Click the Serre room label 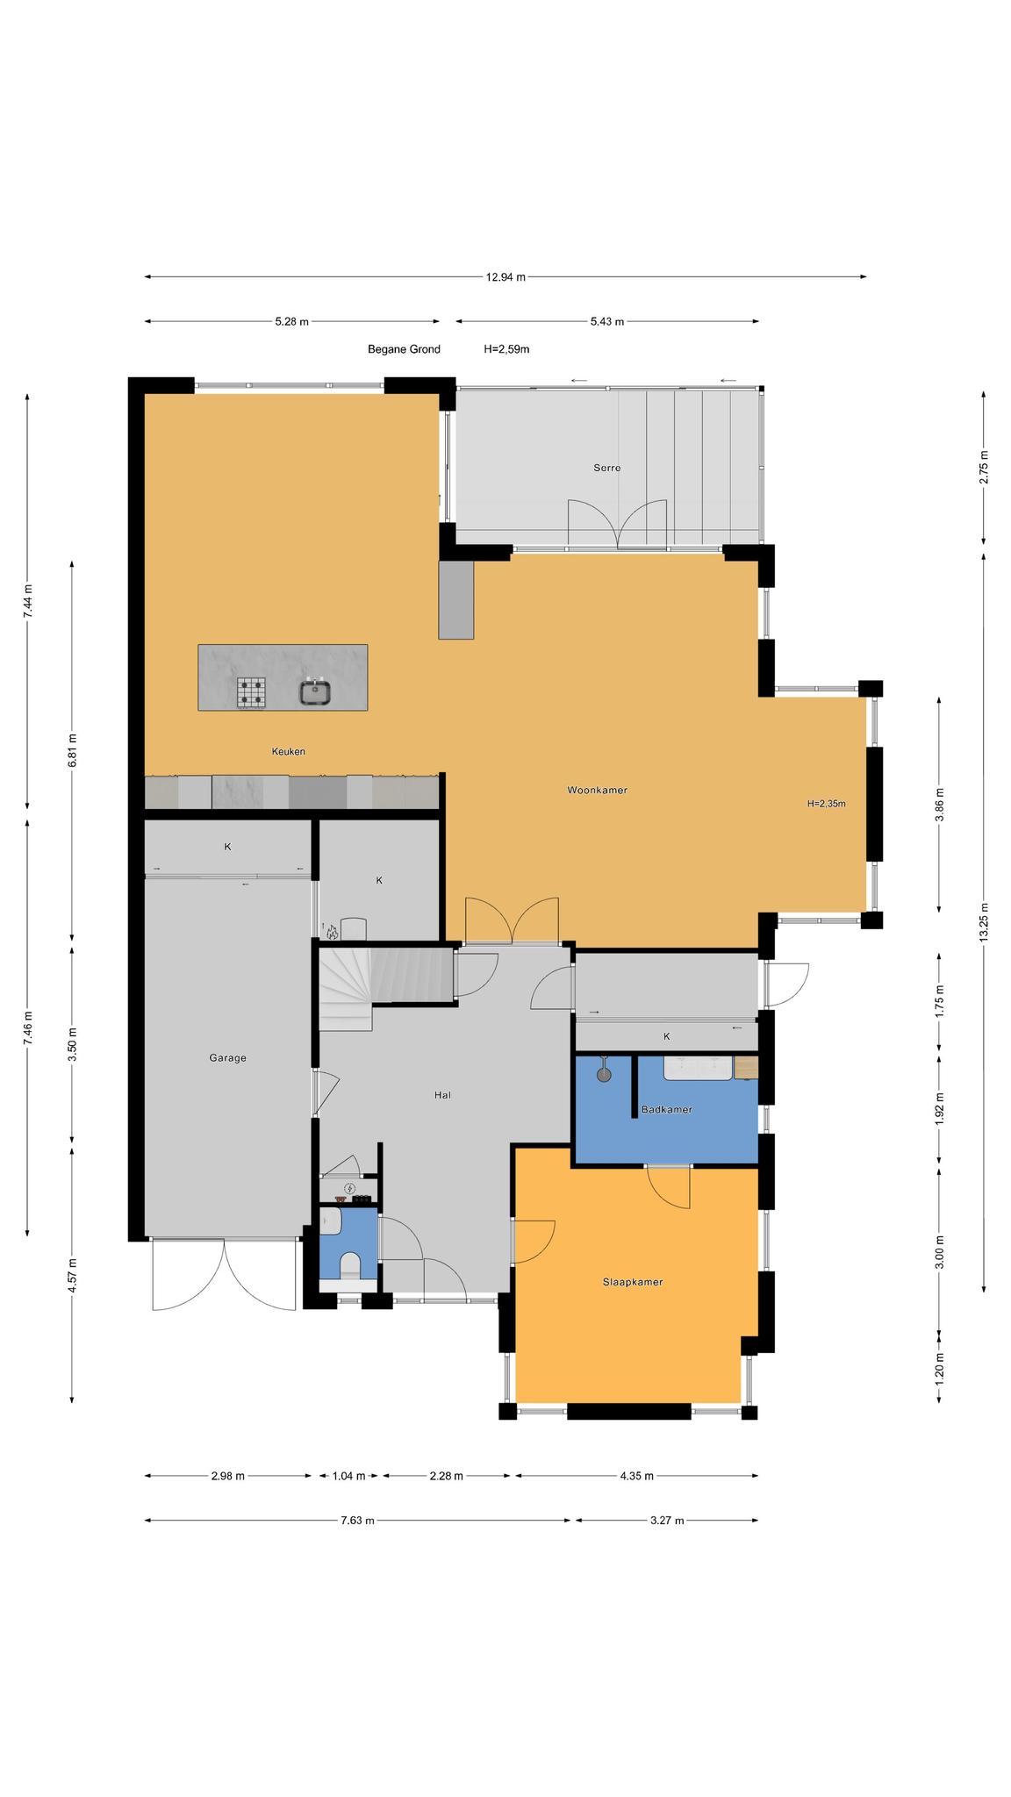[x=606, y=468]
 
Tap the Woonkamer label [x=597, y=790]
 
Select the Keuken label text [x=289, y=751]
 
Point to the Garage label [x=227, y=1057]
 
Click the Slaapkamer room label [x=632, y=1282]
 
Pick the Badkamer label [x=666, y=1109]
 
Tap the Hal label [x=442, y=1095]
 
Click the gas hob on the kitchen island [x=251, y=693]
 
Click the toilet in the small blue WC [x=349, y=1264]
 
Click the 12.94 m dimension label [x=505, y=277]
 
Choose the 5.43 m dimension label [x=606, y=321]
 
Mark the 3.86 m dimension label [x=939, y=805]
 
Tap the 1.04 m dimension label [x=348, y=1476]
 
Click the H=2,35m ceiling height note [x=826, y=803]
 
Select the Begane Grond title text [x=404, y=349]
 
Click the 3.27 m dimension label [x=667, y=1521]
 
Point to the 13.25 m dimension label [x=984, y=922]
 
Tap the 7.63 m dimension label [x=357, y=1521]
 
